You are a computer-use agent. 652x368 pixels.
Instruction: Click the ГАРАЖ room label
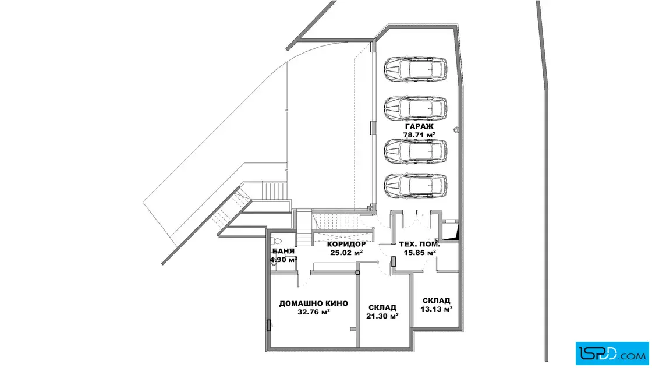419,126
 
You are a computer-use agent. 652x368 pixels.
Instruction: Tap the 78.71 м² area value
419,135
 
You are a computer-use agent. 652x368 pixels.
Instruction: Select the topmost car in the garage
416,69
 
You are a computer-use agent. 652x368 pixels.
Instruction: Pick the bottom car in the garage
416,185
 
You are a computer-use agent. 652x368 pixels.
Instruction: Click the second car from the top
416,108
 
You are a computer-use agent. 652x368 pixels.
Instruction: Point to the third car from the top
416,151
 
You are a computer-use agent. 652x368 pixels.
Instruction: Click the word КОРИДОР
346,244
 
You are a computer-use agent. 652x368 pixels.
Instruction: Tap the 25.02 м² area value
346,252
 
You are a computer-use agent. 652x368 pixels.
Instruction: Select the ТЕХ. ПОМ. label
420,244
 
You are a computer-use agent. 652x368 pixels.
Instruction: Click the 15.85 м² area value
420,252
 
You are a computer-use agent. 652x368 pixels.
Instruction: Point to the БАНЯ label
284,251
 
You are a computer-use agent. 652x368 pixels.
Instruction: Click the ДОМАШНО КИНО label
314,303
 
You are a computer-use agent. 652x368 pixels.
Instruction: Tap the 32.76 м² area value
314,312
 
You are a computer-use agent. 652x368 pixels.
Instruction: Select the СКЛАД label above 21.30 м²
382,307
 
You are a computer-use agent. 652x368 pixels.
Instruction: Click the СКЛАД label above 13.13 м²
436,300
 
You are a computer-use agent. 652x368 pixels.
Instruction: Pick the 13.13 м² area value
436,309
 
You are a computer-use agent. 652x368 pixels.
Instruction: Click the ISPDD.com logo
612,353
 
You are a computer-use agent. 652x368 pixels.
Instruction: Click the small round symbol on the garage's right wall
456,130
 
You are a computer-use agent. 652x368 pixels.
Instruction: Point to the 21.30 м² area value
382,316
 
